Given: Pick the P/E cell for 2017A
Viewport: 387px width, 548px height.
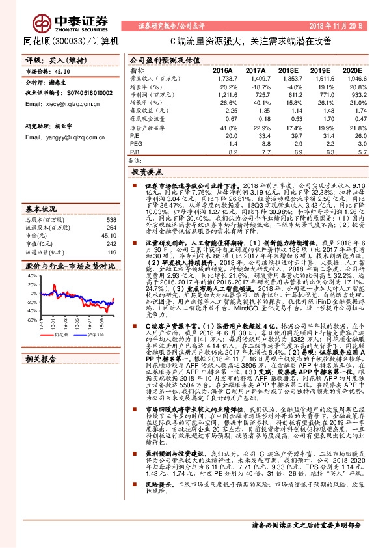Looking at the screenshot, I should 256,135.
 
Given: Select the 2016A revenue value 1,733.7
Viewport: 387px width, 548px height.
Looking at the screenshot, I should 221,77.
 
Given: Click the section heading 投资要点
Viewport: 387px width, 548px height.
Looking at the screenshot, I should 147,172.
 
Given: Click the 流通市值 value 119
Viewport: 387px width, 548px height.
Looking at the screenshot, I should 111,251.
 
